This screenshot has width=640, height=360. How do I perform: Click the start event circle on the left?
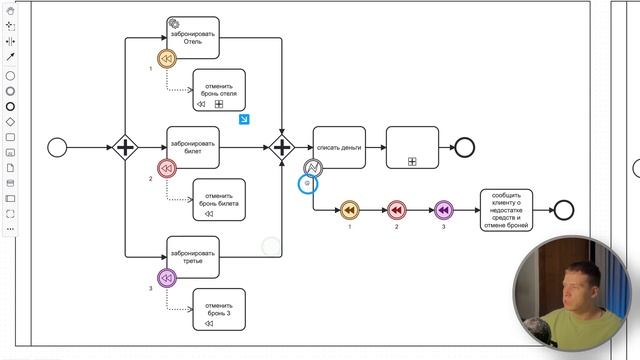coord(57,147)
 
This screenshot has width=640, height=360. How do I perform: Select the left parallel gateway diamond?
coord(125,148)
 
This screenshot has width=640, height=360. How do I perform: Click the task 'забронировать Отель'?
coord(193,37)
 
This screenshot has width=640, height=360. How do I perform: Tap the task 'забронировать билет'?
coord(193,146)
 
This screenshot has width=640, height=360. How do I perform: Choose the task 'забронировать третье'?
coord(193,256)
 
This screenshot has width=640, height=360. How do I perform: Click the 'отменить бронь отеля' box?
coord(220,89)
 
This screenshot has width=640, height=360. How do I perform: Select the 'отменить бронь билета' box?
coord(220,199)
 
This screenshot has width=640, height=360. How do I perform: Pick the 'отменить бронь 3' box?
coord(220,309)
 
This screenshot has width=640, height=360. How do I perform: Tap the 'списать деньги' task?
coord(339,146)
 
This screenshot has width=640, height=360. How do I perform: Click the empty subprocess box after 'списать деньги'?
coord(412,147)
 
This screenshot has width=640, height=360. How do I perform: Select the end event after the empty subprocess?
coord(464,148)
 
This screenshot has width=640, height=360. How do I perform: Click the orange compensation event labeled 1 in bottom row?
coord(349,210)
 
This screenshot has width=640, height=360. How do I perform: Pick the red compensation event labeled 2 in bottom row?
coord(396,210)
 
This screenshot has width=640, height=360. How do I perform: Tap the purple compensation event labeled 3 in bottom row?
coord(443,210)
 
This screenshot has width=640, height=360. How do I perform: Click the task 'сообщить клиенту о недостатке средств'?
coord(506,210)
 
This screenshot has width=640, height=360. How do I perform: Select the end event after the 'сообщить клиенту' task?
coord(564,210)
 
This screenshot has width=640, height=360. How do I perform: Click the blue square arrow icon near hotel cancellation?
coord(244,120)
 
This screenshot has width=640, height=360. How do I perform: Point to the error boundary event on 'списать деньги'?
coord(312,168)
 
